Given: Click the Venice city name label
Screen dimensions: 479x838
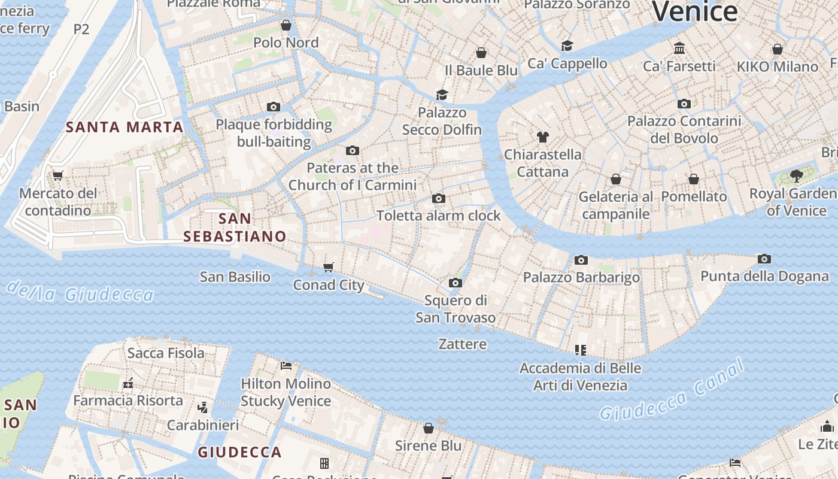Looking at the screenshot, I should pos(694,12).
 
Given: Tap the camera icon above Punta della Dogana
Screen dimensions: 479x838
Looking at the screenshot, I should pos(764,259).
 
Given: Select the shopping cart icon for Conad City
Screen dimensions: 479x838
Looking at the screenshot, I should pos(328,267).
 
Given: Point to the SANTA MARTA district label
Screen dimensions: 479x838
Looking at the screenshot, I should pos(125,127).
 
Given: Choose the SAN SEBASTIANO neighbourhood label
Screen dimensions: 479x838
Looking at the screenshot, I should pos(235,228).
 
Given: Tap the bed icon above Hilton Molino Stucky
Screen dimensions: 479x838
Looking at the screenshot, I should pos(286,365).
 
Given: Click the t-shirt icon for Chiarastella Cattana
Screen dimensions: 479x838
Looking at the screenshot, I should pos(543,137).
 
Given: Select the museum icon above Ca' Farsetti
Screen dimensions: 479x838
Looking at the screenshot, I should pos(679,48).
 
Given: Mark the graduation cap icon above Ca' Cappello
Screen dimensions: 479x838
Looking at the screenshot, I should pos(567,46).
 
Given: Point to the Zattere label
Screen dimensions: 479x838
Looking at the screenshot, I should pos(463,344).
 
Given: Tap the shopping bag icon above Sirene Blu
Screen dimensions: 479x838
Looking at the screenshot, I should pos(429,428).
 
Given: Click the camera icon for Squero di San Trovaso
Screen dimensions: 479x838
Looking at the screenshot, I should pos(456,283).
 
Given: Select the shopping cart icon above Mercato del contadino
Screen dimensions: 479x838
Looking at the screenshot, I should pos(58,176).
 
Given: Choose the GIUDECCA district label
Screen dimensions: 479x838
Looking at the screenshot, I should pos(239,452).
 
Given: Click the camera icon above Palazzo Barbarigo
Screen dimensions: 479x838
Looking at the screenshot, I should pos(581,260).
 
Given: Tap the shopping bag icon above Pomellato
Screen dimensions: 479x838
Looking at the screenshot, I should pos(694,179).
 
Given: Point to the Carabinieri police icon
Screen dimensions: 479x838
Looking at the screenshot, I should pos(202,408).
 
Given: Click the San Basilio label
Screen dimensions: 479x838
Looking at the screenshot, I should pos(235,277).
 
